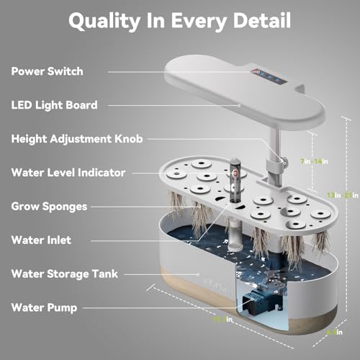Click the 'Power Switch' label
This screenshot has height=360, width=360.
(x=47, y=71)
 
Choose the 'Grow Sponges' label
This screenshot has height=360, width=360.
(x=49, y=206)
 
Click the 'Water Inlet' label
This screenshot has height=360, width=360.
(x=41, y=240)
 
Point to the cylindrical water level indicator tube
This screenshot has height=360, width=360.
(x=233, y=179)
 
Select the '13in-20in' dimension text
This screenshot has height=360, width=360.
(x=341, y=194)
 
